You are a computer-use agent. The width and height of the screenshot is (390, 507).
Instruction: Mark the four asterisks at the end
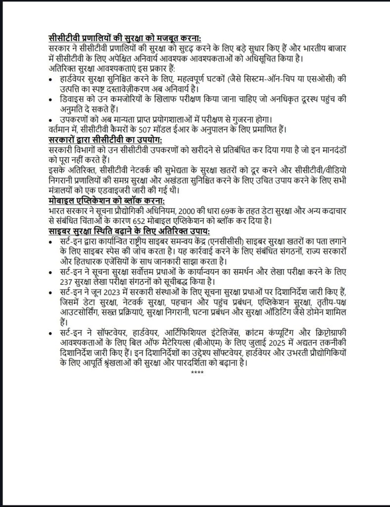click(x=197, y=372)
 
